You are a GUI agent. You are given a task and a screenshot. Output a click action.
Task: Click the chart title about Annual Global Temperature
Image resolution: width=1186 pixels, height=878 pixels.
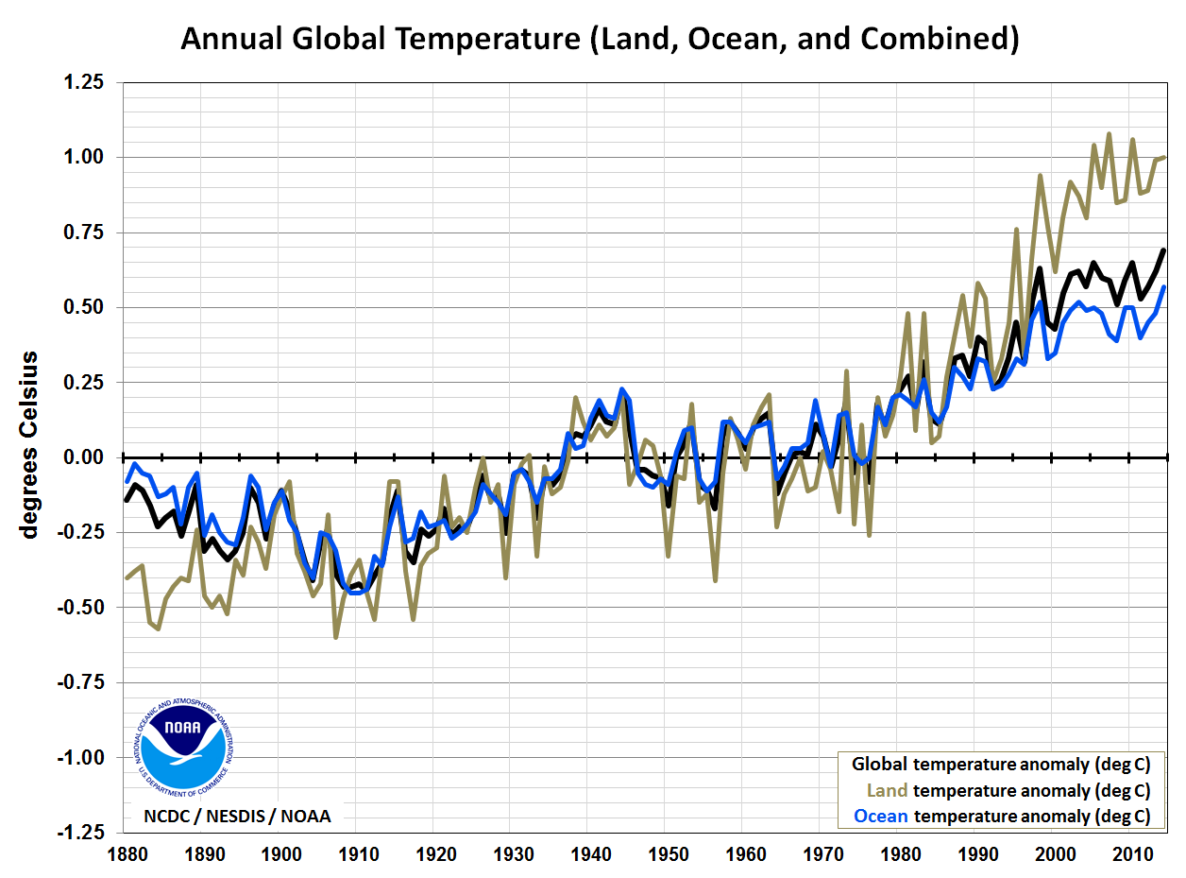600,39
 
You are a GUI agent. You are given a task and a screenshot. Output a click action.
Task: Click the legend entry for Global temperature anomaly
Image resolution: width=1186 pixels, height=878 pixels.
1001,765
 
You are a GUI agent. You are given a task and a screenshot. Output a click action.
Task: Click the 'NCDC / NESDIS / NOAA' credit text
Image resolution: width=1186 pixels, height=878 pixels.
237,816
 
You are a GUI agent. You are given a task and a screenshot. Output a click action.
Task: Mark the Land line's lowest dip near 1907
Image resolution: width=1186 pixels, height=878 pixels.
335,637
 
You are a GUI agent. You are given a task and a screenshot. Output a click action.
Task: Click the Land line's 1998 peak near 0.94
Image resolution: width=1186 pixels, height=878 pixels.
1040,176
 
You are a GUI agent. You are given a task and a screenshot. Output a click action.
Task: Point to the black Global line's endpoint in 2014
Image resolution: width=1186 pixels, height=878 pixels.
1163,250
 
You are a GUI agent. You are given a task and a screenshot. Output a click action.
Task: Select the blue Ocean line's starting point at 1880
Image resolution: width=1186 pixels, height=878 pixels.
127,481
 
